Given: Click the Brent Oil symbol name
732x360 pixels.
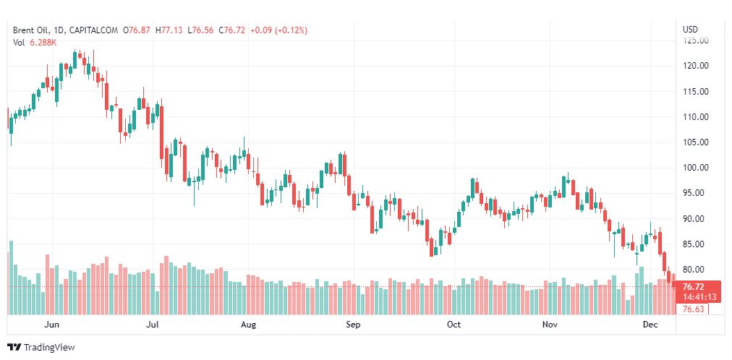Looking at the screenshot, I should point(32,30).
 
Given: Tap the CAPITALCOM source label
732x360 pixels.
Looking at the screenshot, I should point(93,30).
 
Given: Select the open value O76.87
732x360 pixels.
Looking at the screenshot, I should point(137,30).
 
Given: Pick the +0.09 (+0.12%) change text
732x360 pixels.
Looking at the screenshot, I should point(278,30).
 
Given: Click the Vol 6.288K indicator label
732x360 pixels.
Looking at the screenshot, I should point(35,43).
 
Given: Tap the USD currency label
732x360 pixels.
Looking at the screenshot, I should point(690,30).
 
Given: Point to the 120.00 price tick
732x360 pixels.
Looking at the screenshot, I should point(695,66).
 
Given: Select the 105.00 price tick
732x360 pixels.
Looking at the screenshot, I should point(695,142).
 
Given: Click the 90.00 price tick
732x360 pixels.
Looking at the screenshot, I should point(695,219).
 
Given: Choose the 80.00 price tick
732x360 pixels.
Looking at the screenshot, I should point(695,270).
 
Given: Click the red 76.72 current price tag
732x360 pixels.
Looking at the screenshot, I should point(695,287).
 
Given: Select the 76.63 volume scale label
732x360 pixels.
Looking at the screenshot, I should point(694,309).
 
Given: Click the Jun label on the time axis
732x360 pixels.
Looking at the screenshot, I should point(51,325).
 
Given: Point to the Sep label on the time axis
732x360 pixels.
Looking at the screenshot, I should point(353,325).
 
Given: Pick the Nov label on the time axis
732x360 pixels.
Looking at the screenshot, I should point(550,325).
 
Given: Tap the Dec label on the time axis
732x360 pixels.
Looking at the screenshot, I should point(650,325).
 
